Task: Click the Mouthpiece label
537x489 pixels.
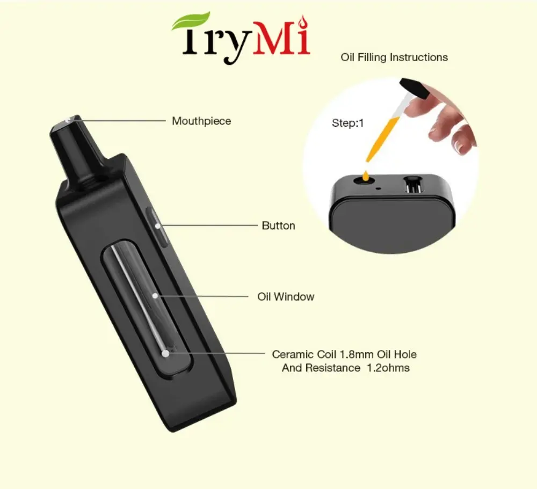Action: point(201,121)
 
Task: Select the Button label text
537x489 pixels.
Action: point(278,225)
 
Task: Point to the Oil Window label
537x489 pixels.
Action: point(286,296)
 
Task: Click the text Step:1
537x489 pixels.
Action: point(347,123)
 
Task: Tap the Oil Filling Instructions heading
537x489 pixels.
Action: point(394,57)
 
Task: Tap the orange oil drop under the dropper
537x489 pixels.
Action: point(366,174)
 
